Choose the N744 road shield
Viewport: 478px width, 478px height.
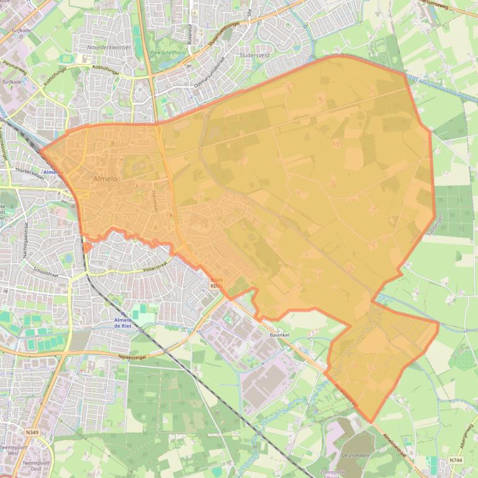point(455,461)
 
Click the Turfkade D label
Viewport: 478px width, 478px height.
point(20,32)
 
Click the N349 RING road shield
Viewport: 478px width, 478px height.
point(217,283)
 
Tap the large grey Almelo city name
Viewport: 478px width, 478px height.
point(105,179)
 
